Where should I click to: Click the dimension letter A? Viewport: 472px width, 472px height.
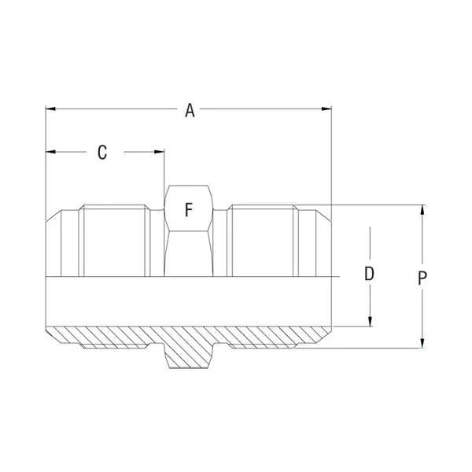(190, 110)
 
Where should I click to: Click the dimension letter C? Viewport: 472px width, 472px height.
(102, 153)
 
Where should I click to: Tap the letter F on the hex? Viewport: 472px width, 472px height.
(189, 210)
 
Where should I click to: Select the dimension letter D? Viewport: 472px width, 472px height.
(370, 274)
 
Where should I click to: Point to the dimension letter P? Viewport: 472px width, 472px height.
(422, 278)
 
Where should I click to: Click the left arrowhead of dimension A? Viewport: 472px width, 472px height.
(50, 109)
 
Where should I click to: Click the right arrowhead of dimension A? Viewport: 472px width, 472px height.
(326, 109)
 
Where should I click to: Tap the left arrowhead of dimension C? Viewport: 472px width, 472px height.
(50, 152)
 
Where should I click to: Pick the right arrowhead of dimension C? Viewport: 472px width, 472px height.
(159, 152)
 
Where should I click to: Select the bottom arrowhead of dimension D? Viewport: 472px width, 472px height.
(371, 322)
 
